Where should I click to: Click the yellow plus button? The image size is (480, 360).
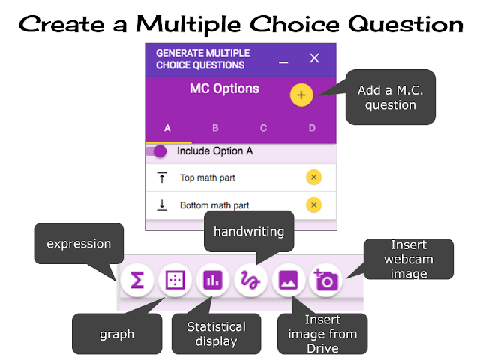pos(301,95)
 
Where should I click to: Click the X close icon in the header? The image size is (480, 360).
pos(314,58)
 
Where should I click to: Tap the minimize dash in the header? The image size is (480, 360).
pos(283,62)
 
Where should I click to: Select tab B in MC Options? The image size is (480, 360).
pos(215,128)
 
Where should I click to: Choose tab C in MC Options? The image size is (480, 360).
pos(263,128)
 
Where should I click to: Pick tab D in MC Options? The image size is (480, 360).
pos(312,128)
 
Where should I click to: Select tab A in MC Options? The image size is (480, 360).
pos(167,128)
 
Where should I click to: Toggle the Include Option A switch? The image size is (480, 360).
pos(157,151)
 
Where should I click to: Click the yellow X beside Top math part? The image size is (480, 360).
pos(313,178)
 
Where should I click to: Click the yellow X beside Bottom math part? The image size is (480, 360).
pos(313,205)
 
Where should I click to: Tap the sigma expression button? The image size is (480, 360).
pos(137,280)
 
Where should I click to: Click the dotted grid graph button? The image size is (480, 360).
pos(175,280)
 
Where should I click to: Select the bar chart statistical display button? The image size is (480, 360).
pos(213,280)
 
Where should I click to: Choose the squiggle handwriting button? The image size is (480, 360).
pos(250,280)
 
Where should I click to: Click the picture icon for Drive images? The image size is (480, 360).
pos(288,280)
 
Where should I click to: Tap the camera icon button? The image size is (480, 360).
pos(326,280)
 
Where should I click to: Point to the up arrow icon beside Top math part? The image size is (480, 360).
pos(162,178)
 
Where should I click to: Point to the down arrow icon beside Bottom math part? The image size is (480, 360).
pos(162,205)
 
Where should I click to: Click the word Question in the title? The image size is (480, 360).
pos(406,25)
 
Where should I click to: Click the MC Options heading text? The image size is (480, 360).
pos(224,88)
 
